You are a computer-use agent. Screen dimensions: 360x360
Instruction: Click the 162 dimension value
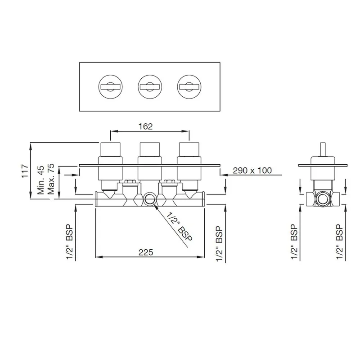point(145,126)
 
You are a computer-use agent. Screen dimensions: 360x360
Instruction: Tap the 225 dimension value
point(145,252)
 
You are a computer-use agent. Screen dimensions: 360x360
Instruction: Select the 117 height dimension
point(25,171)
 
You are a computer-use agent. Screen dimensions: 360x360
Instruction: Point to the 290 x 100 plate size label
point(252,171)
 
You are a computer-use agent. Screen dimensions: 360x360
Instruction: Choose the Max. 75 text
point(51,179)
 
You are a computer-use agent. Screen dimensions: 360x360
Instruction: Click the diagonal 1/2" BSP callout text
point(179,227)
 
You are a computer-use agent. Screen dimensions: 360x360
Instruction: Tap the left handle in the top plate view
point(110,87)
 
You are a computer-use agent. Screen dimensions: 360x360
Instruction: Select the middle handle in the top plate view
point(150,87)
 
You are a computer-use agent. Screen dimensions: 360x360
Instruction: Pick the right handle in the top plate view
point(189,87)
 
